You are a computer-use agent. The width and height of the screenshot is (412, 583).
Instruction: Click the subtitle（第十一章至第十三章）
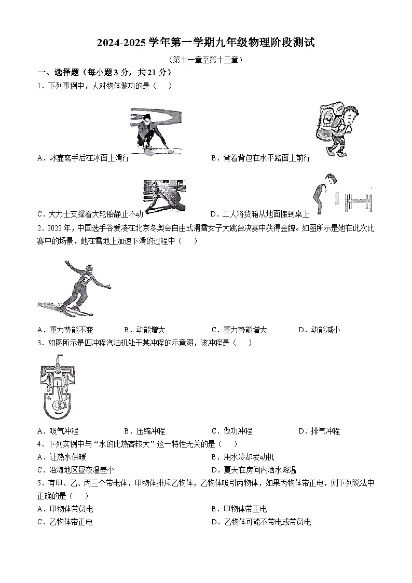[205, 60]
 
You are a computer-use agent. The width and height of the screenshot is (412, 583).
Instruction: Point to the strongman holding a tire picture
[163, 196]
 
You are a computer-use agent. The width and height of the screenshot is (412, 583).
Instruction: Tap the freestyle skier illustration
[74, 288]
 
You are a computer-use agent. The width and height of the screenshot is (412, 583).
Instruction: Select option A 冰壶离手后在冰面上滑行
[83, 158]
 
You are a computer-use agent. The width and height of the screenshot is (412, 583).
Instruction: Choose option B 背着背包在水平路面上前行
[260, 158]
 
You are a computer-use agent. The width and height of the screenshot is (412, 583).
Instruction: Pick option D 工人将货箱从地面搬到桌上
[259, 213]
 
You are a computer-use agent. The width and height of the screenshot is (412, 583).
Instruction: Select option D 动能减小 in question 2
[319, 330]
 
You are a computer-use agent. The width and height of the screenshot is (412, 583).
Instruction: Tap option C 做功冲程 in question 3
[232, 431]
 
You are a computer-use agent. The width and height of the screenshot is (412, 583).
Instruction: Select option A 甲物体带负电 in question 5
[65, 509]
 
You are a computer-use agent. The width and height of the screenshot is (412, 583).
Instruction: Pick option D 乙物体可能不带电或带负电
[261, 522]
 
